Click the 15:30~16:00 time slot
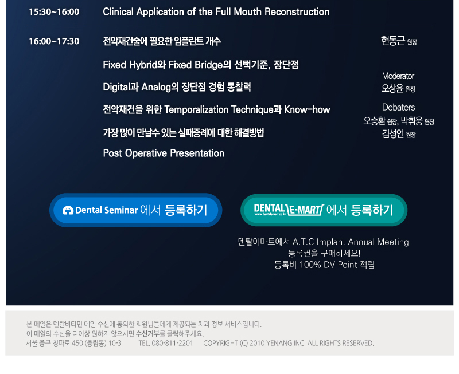click(x=54, y=12)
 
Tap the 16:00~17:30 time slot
click(x=54, y=41)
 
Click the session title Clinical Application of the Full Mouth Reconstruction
click(x=216, y=12)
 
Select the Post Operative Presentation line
click(x=164, y=153)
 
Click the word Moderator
click(x=398, y=76)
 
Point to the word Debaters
click(x=398, y=107)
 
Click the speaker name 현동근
click(x=393, y=41)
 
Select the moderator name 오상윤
click(x=392, y=88)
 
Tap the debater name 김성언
click(x=393, y=133)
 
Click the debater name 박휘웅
click(x=411, y=121)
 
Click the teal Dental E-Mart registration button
click(x=324, y=210)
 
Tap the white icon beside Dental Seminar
click(x=68, y=210)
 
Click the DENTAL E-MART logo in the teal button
click(x=289, y=210)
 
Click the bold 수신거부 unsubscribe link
click(x=147, y=333)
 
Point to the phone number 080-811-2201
click(x=173, y=343)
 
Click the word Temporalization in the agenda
click(x=196, y=109)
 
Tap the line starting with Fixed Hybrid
click(x=201, y=65)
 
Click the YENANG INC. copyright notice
click(x=289, y=343)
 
